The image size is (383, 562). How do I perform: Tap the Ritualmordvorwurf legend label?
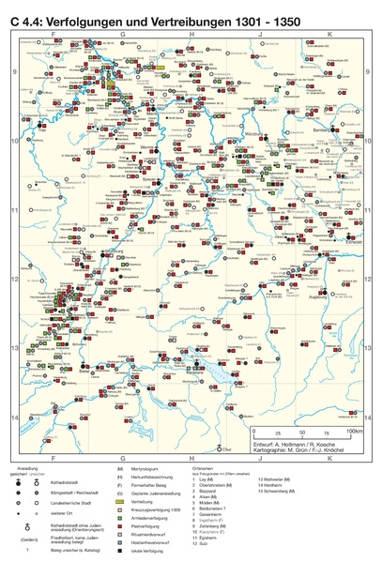[153, 537]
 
